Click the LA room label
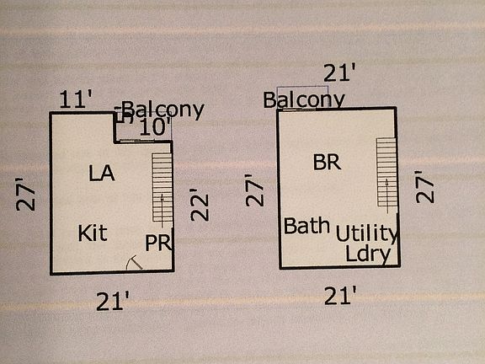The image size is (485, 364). [102, 173]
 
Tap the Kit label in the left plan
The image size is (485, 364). [93, 233]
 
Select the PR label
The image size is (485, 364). [158, 243]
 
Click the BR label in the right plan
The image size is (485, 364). [327, 162]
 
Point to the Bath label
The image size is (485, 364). [306, 225]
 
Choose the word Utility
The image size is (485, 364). [366, 233]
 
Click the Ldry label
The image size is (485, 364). [368, 254]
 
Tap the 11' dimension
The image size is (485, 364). [76, 99]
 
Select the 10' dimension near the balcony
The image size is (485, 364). [155, 127]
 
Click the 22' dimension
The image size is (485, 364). [200, 205]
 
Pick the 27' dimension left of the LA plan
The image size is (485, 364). [25, 195]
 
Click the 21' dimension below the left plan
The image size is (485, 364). [112, 301]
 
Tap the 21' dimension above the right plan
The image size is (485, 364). [339, 72]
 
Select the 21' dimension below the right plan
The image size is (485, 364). [340, 295]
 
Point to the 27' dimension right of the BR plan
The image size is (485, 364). [425, 187]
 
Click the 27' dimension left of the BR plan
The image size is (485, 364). [254, 190]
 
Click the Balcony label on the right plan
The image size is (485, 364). [304, 99]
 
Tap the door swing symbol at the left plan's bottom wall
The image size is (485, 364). [134, 263]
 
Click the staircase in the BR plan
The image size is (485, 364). [386, 173]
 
